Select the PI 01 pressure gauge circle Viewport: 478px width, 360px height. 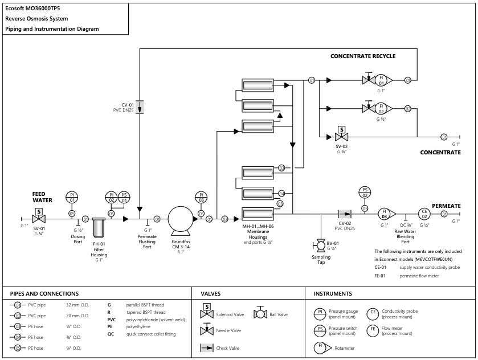tap(72, 198)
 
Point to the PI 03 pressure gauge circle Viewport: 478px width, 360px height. tap(201, 198)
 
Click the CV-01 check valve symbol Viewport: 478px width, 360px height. tap(140, 106)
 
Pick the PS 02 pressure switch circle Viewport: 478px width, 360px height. tap(365, 193)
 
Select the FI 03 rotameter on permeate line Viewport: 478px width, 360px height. tap(386, 214)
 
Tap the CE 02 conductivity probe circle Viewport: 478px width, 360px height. tap(424, 214)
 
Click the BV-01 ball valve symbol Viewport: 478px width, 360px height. tap(320, 245)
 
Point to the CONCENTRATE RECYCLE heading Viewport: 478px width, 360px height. tap(362, 56)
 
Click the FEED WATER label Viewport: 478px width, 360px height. tap(42, 197)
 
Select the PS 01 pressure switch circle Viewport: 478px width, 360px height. tap(124, 198)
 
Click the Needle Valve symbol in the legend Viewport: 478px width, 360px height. tap(206, 330)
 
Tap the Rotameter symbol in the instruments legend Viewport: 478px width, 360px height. tap(321, 347)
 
